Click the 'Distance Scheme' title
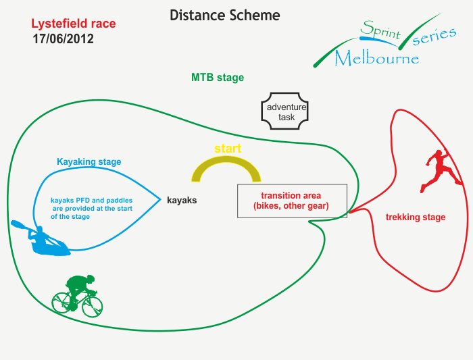click(225, 16)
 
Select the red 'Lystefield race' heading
click(74, 24)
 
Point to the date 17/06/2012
click(63, 39)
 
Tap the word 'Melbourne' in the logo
click(377, 58)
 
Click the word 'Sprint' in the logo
click(380, 30)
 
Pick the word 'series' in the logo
click(434, 36)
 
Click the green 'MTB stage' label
click(218, 78)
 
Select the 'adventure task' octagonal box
click(284, 111)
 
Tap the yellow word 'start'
click(228, 149)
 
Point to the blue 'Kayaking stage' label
click(89, 162)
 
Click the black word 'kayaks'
click(182, 201)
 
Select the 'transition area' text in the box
click(291, 196)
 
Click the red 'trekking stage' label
click(416, 217)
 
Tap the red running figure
click(442, 170)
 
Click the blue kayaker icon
click(41, 239)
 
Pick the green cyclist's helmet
click(90, 278)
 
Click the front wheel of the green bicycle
click(93, 307)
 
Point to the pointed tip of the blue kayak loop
click(161, 199)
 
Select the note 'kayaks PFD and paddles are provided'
click(92, 209)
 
